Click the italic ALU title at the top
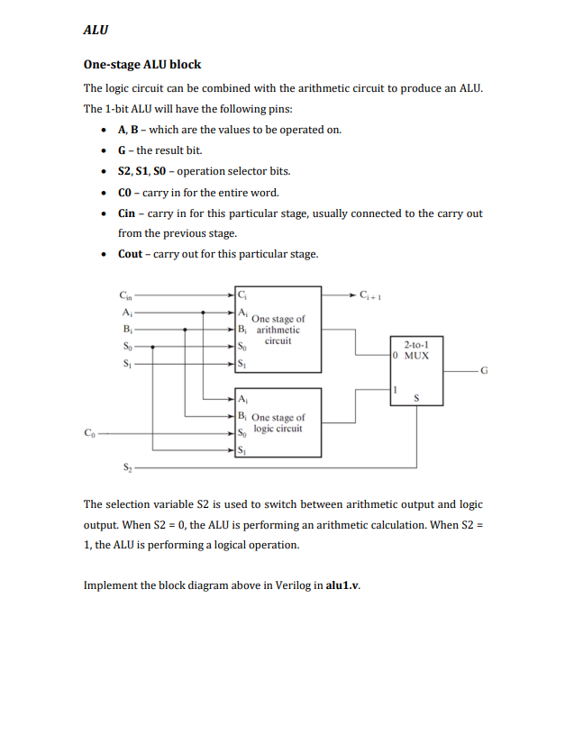pos(96,30)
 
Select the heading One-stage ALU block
pos(142,65)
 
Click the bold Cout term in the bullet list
pos(131,254)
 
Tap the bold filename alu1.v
pos(342,584)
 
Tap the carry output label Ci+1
pos(370,294)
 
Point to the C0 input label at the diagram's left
pos(87,433)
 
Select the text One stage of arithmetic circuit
pos(278,330)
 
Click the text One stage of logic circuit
pos(278,423)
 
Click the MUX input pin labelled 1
pos(394,389)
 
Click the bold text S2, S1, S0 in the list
pos(141,171)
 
